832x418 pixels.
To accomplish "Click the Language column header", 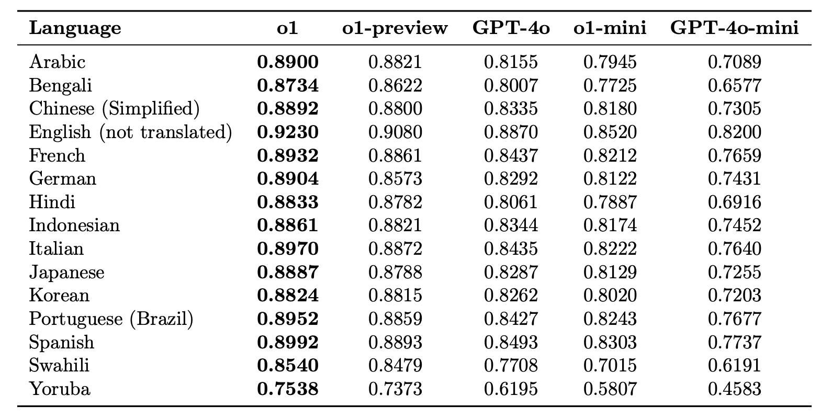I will (x=75, y=28).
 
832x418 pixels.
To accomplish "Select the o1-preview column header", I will (x=395, y=28).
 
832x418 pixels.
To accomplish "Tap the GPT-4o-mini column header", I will (x=734, y=28).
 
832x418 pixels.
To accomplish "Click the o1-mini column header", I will (x=610, y=28).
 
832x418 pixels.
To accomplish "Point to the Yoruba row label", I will (x=60, y=389).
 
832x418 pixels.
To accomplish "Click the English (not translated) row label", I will (x=130, y=132).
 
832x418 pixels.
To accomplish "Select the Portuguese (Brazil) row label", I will (x=111, y=319).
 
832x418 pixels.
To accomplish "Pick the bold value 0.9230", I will (x=288, y=132).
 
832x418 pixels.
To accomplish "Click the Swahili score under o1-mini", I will (x=610, y=365).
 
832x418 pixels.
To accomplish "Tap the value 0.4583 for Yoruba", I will (x=734, y=389).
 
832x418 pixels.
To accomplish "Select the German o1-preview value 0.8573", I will (x=395, y=178).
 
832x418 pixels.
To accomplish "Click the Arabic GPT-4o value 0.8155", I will (x=511, y=62).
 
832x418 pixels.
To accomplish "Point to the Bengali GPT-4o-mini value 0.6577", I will (x=734, y=85).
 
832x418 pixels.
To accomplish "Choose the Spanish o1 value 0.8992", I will (x=288, y=342).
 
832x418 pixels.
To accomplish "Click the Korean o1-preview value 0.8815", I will (x=395, y=295).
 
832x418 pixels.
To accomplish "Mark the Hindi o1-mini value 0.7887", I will (x=610, y=202).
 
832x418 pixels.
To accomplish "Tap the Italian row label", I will (x=57, y=248).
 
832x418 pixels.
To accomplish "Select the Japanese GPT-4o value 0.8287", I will (x=511, y=272).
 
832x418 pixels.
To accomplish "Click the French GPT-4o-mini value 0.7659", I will (x=734, y=155).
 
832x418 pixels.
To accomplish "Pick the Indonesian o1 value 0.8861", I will (x=288, y=225).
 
